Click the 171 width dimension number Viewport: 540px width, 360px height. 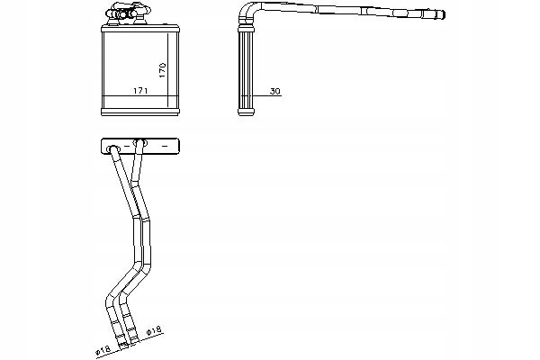[x=140, y=90]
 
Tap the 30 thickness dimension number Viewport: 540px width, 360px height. [x=274, y=91]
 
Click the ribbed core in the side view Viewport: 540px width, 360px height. [x=247, y=67]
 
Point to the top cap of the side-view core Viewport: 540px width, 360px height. [x=247, y=28]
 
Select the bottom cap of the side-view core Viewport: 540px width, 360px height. [x=247, y=111]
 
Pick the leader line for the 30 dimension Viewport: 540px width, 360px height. [x=262, y=95]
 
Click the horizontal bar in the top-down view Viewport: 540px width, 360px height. [x=140, y=144]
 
